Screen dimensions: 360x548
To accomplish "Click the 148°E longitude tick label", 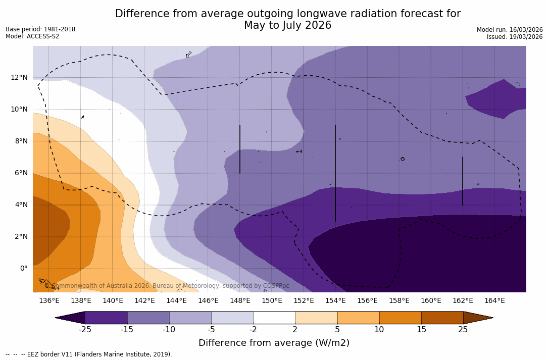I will pos(240,301).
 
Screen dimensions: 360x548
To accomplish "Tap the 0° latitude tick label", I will pos(23,268).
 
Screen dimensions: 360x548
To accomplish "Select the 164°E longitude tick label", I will pos(494,301).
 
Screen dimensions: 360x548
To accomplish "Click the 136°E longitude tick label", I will pos(49,301).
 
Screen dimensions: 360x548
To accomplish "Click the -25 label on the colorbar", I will pos(85,330).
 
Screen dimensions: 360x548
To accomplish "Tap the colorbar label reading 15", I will pos(421,330).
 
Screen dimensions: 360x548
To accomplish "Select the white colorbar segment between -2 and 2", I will pos(274,318).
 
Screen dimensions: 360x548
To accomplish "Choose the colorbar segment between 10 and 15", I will pos(400,318).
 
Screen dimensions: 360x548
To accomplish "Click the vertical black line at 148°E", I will pos(240,149).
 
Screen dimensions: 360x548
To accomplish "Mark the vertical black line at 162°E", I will pos(463,181).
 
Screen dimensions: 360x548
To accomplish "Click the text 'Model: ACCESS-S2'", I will pos(32,36).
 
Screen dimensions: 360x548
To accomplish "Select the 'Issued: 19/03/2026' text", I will pos(514,37).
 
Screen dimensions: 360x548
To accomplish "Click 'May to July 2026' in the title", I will pos(287,25).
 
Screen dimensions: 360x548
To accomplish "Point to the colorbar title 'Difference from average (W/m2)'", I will pos(274,343).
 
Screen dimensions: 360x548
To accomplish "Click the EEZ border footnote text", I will pos(88,354).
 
